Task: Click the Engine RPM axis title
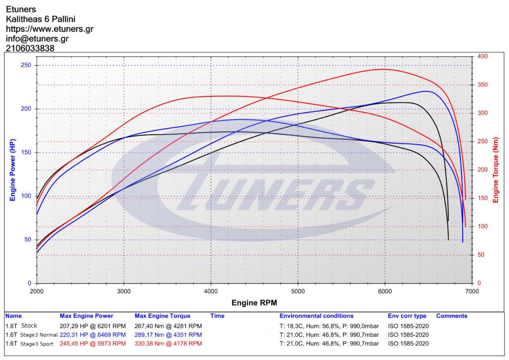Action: (x=254, y=302)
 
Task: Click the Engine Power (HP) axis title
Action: (x=12, y=170)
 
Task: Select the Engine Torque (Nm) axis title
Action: (x=495, y=170)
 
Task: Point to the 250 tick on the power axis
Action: (x=26, y=65)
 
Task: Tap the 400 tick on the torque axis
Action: (x=482, y=57)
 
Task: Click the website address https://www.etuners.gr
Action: (x=50, y=29)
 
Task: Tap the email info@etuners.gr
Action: (x=37, y=39)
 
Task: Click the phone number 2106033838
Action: (x=30, y=48)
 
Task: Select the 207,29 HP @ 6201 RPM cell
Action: (x=92, y=326)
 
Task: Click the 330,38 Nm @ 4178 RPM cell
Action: (x=168, y=344)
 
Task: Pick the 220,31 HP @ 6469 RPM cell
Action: (x=92, y=335)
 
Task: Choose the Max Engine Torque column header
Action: (x=163, y=316)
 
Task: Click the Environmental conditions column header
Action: (x=316, y=316)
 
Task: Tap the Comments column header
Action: (x=451, y=316)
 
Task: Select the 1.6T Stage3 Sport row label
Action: (x=30, y=344)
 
